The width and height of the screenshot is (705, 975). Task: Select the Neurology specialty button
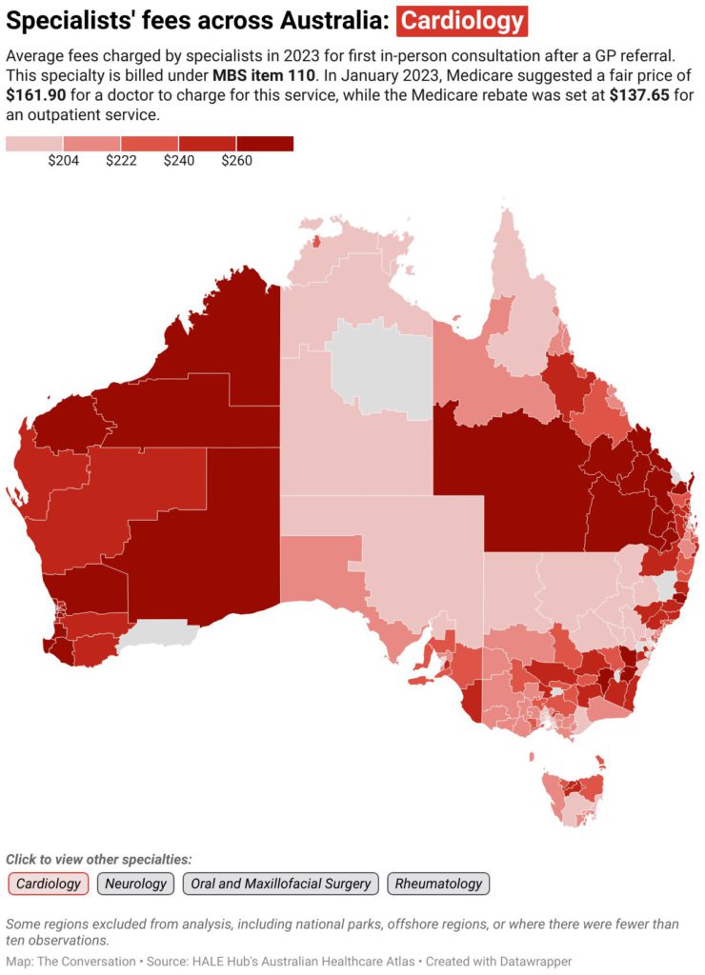point(135,884)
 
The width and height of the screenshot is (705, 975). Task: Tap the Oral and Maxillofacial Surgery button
point(280,884)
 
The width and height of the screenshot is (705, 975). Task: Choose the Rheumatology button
point(438,884)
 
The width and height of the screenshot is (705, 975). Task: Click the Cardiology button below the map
point(49,884)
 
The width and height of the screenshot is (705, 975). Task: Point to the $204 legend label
point(63,161)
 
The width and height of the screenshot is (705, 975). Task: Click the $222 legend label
point(121,161)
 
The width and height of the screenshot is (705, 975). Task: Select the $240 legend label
point(178,161)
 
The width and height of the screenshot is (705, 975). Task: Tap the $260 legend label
point(236,161)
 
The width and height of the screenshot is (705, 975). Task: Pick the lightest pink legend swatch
point(33,144)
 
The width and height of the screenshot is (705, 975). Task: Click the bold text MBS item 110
point(264,74)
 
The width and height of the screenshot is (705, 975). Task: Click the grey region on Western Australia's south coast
point(162,632)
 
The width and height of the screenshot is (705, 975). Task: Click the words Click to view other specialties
point(99,859)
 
